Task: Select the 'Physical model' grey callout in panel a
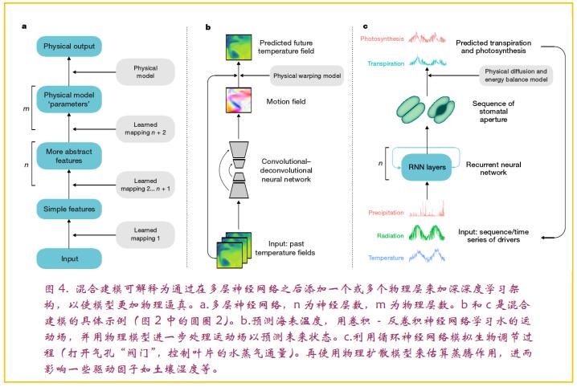[x=145, y=71]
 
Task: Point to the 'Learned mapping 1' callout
[x=145, y=234]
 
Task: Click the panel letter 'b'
[x=207, y=26]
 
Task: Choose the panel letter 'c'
[x=366, y=26]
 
